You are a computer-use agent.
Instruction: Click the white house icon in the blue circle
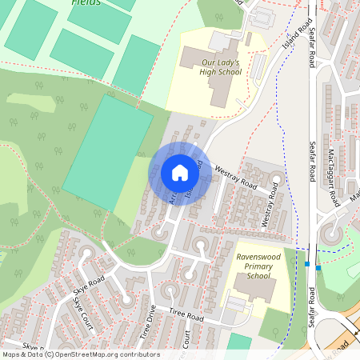(180, 173)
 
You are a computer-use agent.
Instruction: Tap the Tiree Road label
(186, 314)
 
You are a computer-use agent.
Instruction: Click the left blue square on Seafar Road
(306, 264)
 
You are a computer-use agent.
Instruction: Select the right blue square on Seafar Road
(318, 267)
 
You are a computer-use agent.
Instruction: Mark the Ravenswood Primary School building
(255, 290)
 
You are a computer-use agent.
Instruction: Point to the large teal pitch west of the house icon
(107, 152)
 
